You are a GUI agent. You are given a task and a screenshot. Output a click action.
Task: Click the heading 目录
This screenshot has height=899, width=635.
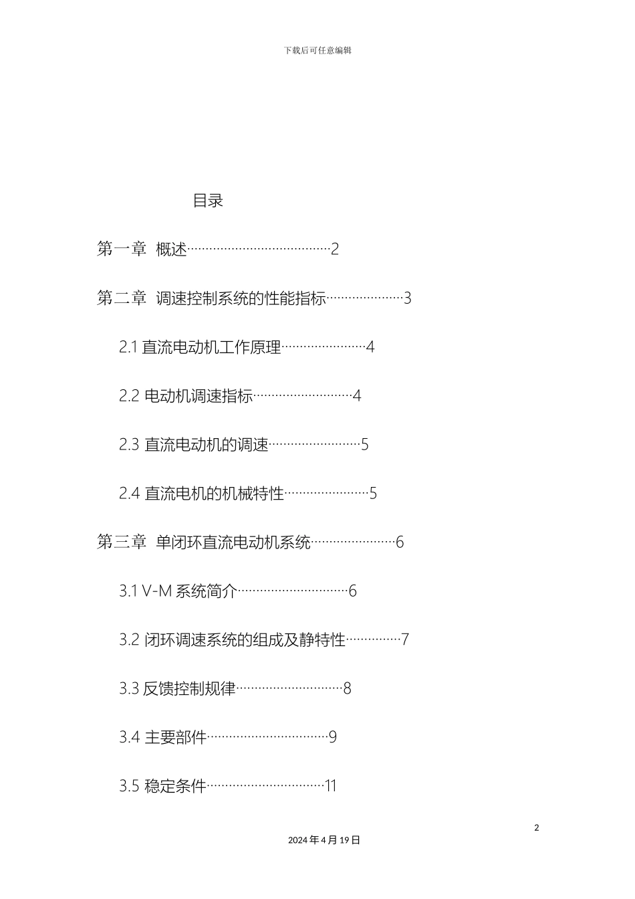pos(208,201)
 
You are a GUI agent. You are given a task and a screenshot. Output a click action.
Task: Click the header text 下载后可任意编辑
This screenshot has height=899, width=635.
pos(317,50)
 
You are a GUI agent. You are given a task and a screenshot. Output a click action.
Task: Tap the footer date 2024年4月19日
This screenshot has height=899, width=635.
pos(324,840)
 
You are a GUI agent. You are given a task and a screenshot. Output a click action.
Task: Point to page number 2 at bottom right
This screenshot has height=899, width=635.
pos(537,828)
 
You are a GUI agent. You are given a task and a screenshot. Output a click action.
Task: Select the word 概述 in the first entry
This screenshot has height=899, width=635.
pos(171,249)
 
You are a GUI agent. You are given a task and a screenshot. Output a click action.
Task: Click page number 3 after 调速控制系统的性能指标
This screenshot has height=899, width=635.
pos(407,298)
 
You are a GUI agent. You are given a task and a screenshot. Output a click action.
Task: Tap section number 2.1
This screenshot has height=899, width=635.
pos(128,347)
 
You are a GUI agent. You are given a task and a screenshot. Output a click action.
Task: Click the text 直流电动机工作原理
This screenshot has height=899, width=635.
pos(211,347)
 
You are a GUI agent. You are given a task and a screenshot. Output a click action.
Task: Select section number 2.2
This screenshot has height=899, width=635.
pos(129,396)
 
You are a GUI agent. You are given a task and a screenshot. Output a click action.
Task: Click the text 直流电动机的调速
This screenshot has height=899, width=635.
pos(207,445)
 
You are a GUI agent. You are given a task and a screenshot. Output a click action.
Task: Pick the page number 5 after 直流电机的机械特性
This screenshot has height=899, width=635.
pos(373,494)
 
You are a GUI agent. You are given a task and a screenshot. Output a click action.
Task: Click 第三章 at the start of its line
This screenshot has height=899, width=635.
pos(122,542)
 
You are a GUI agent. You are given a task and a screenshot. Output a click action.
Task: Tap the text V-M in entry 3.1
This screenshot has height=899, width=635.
pos(157,591)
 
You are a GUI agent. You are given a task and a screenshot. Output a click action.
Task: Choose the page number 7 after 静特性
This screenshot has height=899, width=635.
pos(404,640)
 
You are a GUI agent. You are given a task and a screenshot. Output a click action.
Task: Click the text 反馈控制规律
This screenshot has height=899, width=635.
pos(189,689)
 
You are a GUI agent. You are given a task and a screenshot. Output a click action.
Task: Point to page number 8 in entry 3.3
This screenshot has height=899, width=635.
pos(347,689)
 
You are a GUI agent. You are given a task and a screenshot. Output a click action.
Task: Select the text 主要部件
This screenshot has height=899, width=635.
pos(176,738)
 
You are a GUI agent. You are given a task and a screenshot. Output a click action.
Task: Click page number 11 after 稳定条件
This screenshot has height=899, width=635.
pos(330,787)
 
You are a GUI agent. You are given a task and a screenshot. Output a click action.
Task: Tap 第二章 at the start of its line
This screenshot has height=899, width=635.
pos(122,298)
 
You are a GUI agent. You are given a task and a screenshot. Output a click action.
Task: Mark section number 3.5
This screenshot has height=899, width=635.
pos(129,787)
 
